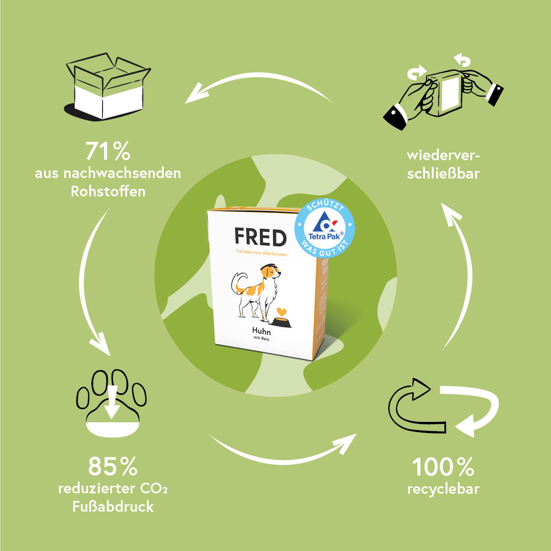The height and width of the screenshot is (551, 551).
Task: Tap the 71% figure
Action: tap(108, 152)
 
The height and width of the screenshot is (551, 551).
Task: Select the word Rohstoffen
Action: tap(108, 191)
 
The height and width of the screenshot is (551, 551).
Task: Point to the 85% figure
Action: tap(113, 466)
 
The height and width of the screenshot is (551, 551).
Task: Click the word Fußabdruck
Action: tap(113, 507)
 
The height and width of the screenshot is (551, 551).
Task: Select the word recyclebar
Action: tap(443, 489)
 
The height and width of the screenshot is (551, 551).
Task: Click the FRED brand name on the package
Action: tap(260, 237)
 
